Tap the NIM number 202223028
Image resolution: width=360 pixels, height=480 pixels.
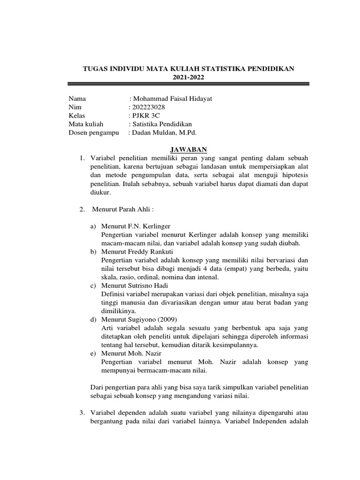point(149,107)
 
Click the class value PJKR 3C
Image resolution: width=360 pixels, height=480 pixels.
point(144,115)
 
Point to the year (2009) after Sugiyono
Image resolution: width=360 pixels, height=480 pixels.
point(163,319)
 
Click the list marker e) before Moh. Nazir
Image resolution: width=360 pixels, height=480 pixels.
point(93,353)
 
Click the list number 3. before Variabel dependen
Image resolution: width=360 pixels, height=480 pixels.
point(82,412)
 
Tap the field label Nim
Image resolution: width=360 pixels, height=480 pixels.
point(75,107)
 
